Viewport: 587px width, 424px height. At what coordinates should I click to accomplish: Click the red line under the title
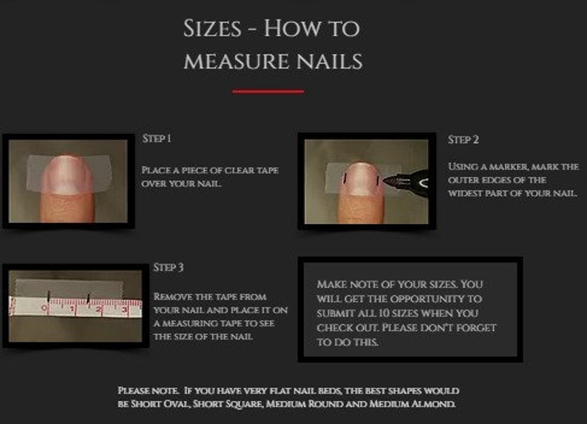(x=268, y=92)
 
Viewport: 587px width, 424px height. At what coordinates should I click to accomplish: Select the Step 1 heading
(x=157, y=139)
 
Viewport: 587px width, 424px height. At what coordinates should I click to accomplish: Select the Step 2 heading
(x=464, y=140)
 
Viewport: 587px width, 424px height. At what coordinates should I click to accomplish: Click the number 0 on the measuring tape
(x=44, y=307)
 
